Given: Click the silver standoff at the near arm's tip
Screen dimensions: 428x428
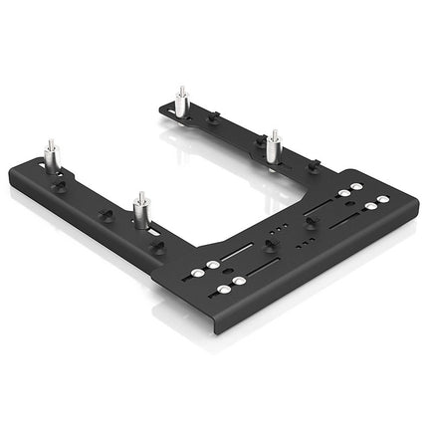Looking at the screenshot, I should tap(51, 158).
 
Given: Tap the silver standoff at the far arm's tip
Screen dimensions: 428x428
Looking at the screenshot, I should tap(182, 102).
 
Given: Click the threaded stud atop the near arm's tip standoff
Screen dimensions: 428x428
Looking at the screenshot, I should tap(51, 145).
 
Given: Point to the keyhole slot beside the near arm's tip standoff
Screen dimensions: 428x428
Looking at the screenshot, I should tap(60, 184).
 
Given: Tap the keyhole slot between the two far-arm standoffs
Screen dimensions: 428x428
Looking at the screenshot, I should tap(212, 116).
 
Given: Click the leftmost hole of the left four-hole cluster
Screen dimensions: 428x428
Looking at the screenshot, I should tap(211, 267).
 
